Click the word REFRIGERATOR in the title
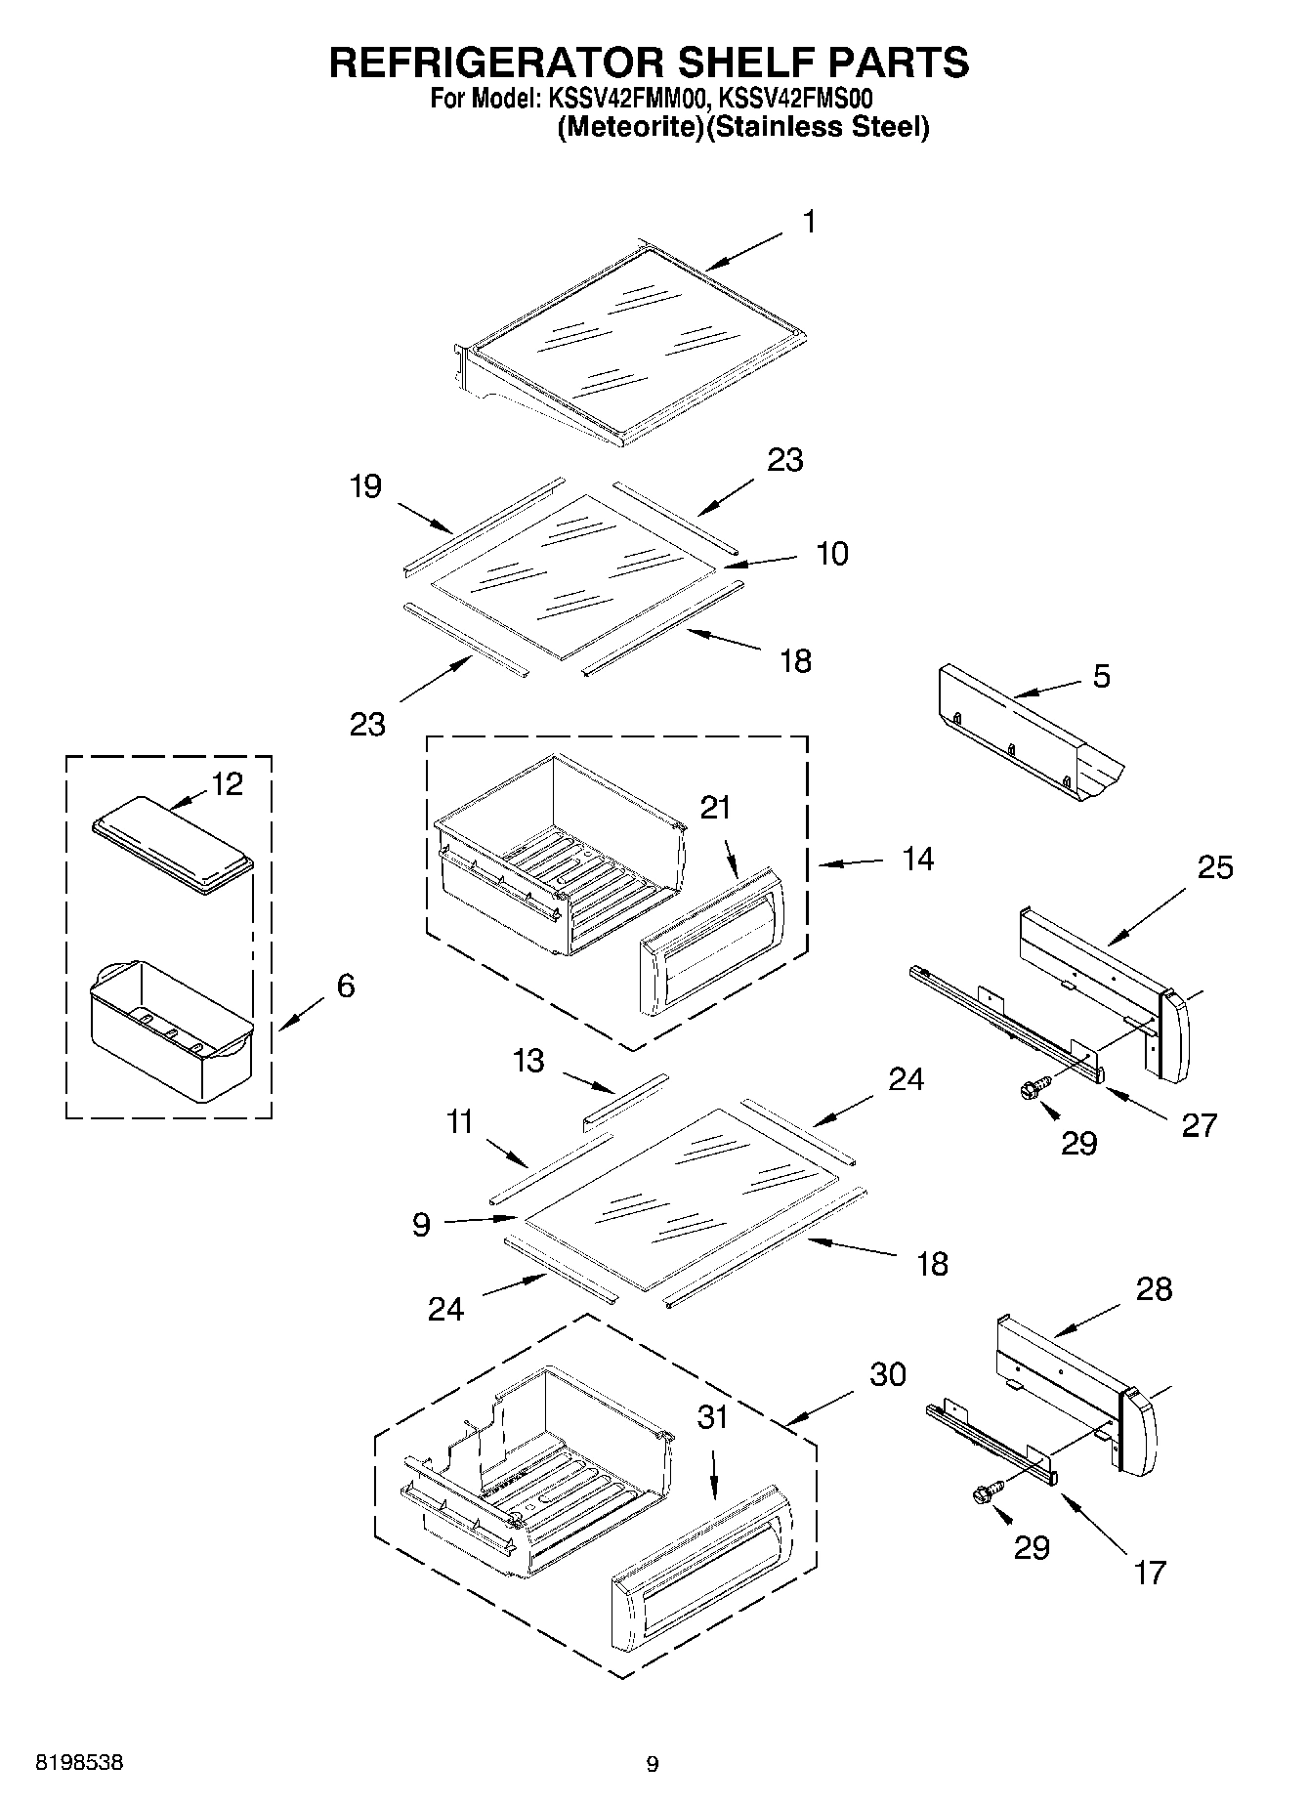(479, 63)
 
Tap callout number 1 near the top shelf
(809, 222)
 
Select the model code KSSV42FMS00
(795, 99)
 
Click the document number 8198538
(79, 1762)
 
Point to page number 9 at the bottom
(653, 1763)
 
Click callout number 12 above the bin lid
(227, 783)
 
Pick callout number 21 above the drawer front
(714, 807)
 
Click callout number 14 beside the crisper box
(917, 859)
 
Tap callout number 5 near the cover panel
(1101, 676)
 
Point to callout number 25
(1215, 866)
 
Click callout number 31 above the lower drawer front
(712, 1416)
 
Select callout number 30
(888, 1373)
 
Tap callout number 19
(365, 485)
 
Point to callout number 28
(1154, 1288)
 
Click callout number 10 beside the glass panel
(831, 553)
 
